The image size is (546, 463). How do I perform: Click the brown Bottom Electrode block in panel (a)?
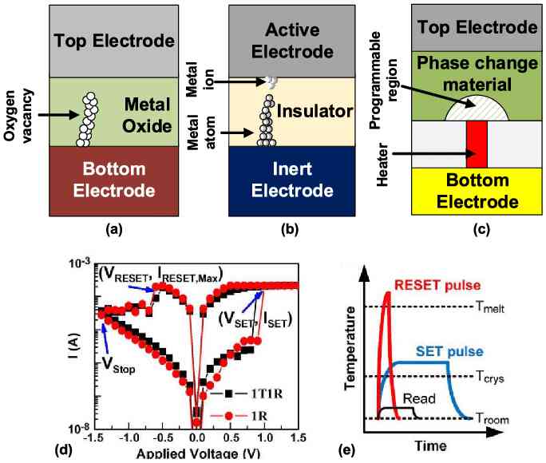(117, 181)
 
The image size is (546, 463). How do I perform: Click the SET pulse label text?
(449, 350)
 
